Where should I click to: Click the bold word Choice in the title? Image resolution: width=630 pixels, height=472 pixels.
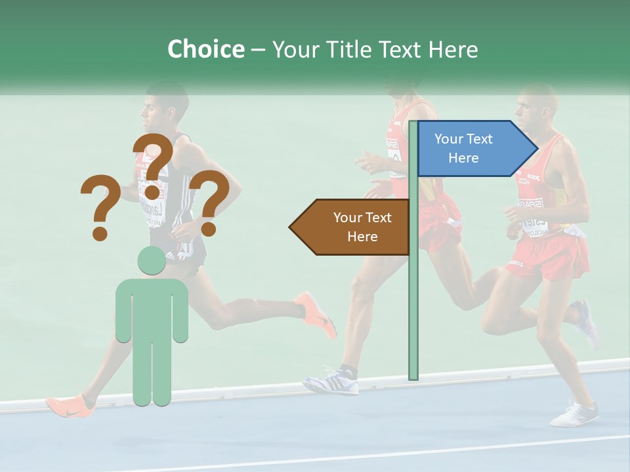pos(205,49)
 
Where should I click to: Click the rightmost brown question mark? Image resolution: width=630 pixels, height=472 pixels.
pos(210,203)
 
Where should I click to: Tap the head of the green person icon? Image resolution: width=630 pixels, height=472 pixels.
pos(151,261)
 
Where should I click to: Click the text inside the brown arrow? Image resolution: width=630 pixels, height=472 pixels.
pos(362,227)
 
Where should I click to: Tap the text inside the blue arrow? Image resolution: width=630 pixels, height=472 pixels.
pos(463,148)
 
